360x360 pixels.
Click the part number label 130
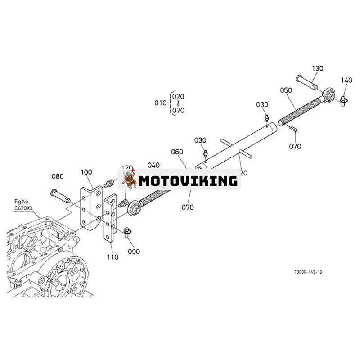(x=318, y=68)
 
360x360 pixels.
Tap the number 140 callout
(x=346, y=81)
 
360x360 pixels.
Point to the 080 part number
(x=58, y=176)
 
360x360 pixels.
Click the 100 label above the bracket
(x=86, y=172)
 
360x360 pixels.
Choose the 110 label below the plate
(x=112, y=257)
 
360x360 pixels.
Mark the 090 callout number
(x=134, y=251)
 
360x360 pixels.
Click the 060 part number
(x=177, y=152)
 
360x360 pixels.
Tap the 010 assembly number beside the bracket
(x=161, y=103)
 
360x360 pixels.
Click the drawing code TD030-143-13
(x=309, y=272)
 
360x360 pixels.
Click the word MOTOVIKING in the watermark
(x=188, y=181)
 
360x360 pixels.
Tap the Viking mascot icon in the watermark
(x=129, y=179)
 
